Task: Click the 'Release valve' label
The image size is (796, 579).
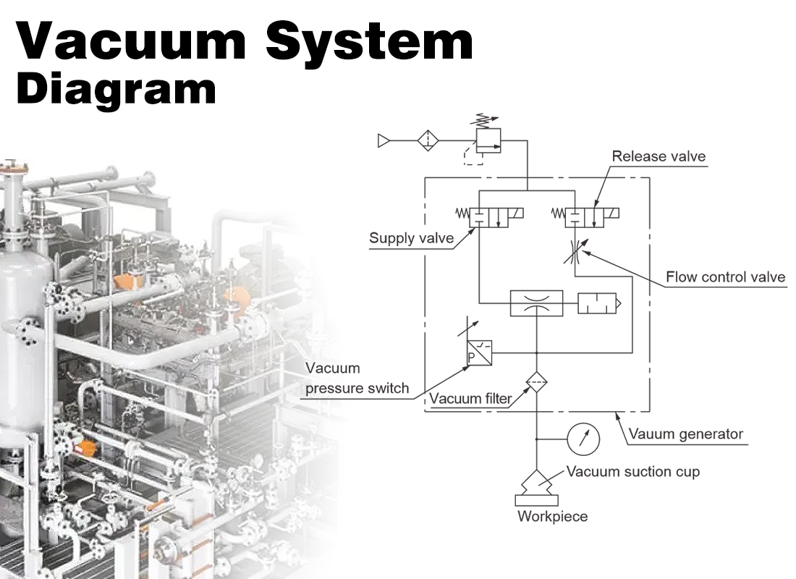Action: [x=658, y=156]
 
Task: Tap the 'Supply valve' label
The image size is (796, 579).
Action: [x=411, y=238]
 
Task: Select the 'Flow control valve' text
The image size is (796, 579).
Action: [x=725, y=276]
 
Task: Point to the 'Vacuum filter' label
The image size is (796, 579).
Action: [x=470, y=399]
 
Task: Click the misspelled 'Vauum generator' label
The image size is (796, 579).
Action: [x=685, y=434]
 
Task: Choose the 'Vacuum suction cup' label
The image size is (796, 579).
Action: [x=632, y=472]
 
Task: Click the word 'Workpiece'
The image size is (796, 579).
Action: [x=552, y=517]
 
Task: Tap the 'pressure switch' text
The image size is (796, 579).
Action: [x=357, y=389]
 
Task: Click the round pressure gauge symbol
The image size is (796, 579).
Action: [x=584, y=439]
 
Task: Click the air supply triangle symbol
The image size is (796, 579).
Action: [x=384, y=140]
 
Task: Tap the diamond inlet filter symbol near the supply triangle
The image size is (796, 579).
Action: [x=428, y=140]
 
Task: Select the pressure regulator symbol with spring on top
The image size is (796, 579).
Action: [x=488, y=141]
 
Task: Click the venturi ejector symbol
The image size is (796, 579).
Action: [x=536, y=304]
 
